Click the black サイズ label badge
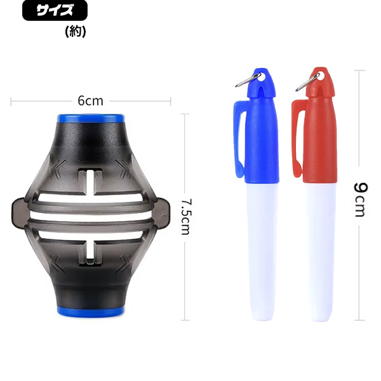click(x=55, y=10)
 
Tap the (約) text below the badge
click(x=76, y=31)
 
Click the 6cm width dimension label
click(x=90, y=100)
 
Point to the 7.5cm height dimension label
click(x=187, y=217)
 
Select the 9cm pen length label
click(x=360, y=200)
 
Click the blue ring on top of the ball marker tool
click(x=91, y=119)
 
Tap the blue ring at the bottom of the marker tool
click(x=91, y=311)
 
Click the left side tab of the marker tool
click(x=18, y=213)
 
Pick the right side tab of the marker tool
click(x=163, y=213)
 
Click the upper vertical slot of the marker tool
click(x=90, y=182)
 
